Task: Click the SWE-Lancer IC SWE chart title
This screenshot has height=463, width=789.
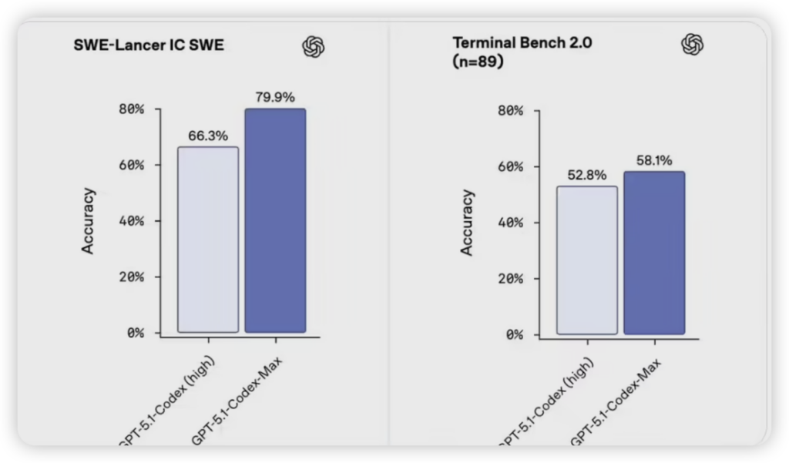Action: pos(148,45)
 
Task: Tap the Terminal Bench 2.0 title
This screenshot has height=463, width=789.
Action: pos(522,43)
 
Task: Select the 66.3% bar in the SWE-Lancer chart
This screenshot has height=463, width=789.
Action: pos(208,239)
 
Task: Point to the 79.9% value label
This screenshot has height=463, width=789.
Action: pos(275,97)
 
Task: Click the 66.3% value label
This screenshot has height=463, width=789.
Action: pos(208,136)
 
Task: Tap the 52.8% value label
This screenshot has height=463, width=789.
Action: pos(587,175)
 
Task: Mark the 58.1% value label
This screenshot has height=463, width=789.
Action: pos(654,160)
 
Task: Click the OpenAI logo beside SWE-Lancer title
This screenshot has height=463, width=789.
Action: pos(313,48)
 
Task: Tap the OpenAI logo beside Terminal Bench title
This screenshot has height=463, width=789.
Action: pos(693,45)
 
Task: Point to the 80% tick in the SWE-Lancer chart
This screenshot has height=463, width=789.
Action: pos(131,109)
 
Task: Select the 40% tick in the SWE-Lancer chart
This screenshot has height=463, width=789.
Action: pos(131,221)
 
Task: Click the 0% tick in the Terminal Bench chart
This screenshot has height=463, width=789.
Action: pos(513,335)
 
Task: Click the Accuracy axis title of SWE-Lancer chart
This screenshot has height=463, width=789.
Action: pos(88,221)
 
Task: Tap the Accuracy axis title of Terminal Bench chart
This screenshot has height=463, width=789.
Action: pos(467,223)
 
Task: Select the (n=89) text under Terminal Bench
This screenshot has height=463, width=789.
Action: pos(478,62)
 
